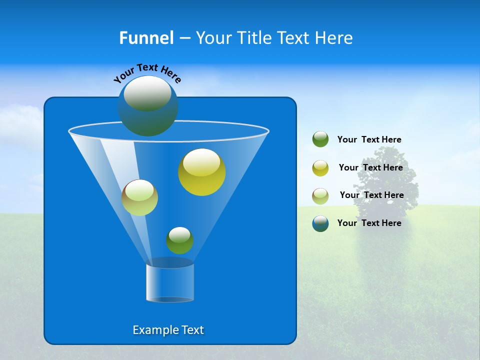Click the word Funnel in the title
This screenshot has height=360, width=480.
(x=146, y=38)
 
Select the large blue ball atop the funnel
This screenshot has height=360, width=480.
(x=148, y=106)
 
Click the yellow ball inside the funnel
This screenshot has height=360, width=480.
(x=201, y=172)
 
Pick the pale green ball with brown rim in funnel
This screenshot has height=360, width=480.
(x=139, y=197)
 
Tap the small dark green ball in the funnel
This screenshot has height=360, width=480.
(x=179, y=240)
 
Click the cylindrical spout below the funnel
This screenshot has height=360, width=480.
(x=170, y=281)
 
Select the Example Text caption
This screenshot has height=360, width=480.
(x=168, y=330)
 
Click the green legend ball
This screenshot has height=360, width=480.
(x=320, y=139)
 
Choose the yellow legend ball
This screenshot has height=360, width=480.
(x=320, y=168)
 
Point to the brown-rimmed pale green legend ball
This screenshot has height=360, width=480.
(x=320, y=196)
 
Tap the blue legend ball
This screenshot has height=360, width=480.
(x=320, y=223)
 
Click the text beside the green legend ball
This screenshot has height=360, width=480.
(x=369, y=139)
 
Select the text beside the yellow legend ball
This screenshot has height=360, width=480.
(x=370, y=167)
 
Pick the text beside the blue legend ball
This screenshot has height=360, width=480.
(x=369, y=223)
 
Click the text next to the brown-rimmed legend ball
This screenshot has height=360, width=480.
(x=371, y=195)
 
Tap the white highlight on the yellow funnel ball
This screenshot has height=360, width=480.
(x=201, y=161)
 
